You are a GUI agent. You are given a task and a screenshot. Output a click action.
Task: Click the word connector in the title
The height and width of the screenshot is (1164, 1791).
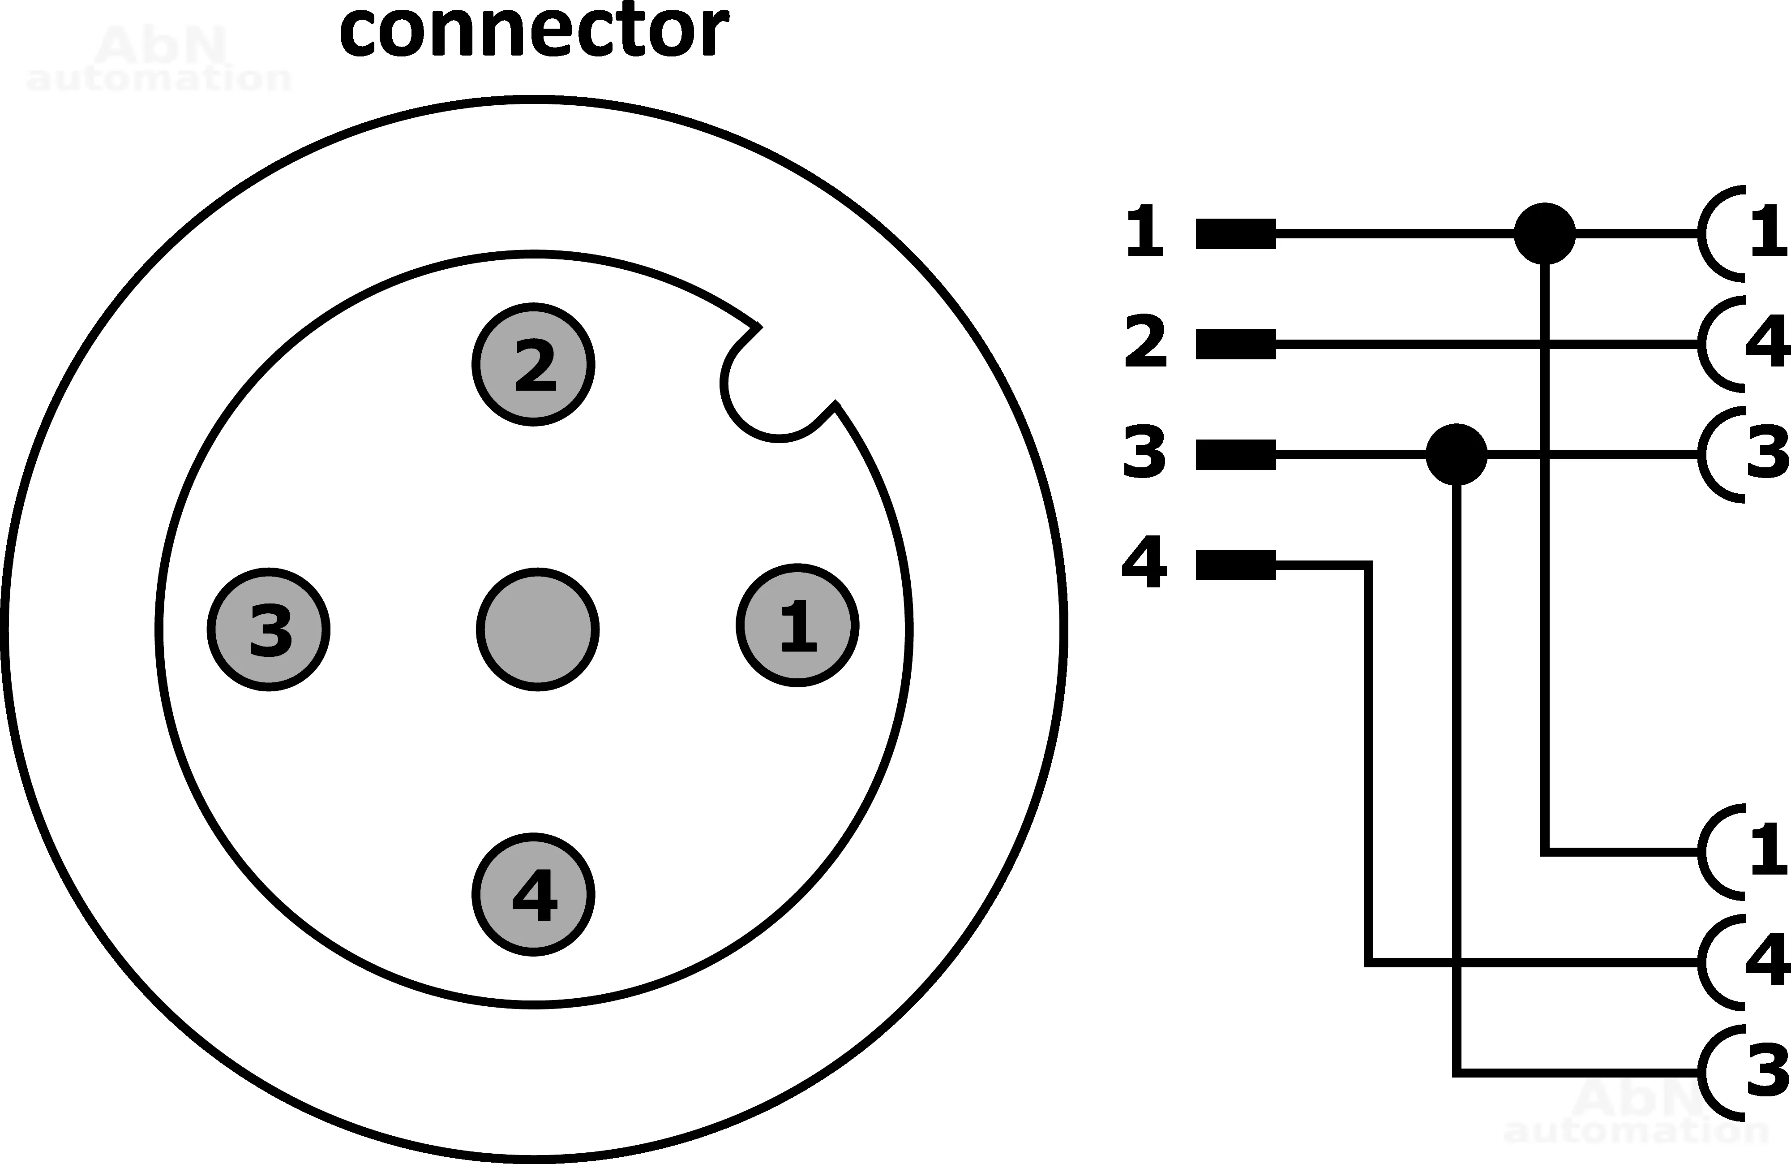pos(534,32)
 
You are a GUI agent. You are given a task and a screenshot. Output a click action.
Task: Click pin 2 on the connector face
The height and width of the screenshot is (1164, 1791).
pos(534,364)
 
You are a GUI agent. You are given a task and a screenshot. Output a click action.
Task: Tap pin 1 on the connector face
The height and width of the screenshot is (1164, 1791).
pos(798,625)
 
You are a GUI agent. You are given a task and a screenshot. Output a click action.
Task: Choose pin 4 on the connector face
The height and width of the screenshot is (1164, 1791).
pos(534,894)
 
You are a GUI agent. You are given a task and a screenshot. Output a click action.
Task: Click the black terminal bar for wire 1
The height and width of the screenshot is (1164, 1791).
pos(1236,233)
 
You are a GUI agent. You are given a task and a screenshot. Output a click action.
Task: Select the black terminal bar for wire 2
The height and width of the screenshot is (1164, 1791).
pos(1236,344)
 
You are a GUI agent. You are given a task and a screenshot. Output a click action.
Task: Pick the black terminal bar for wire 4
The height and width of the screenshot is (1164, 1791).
pos(1236,565)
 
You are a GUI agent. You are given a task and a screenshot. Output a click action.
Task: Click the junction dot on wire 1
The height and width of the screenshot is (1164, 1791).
pos(1544,233)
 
